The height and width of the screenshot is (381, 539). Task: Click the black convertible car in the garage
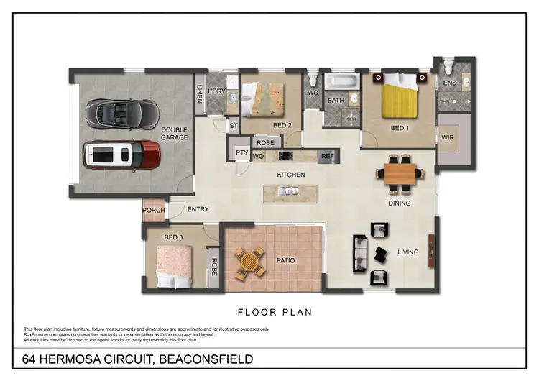point(122,111)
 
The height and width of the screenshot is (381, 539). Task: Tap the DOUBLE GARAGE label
point(174,134)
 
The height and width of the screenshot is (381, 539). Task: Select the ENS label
point(450,84)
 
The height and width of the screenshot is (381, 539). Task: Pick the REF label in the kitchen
point(328,155)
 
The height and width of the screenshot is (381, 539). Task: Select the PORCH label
point(154,211)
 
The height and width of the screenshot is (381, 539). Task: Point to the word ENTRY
point(198,211)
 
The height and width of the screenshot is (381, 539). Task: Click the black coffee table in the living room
point(380,254)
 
